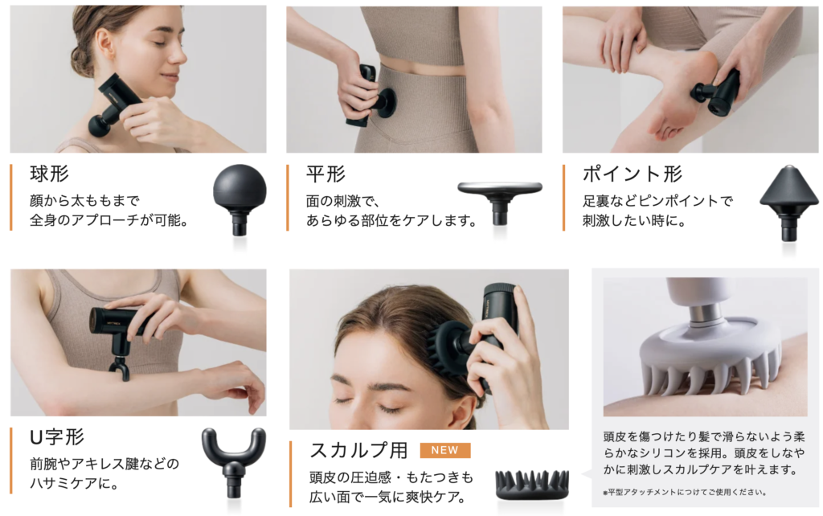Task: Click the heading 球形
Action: point(49,174)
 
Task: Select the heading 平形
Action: point(326,174)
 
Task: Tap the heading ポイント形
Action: point(632,174)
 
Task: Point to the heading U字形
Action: point(57,436)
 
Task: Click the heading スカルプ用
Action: point(358,450)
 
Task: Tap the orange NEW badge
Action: point(445,450)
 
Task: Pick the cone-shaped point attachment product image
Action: point(789,203)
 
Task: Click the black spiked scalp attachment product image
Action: point(532,485)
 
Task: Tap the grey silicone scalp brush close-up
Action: point(705,347)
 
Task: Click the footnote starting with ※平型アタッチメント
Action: point(685,493)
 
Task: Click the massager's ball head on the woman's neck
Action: point(100,125)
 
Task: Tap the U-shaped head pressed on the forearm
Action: point(120,367)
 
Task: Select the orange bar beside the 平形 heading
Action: point(288,198)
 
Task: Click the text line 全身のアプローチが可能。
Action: point(109,220)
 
